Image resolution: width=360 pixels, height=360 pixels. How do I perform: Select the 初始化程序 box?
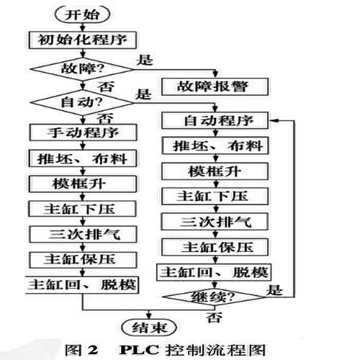coord(81,38)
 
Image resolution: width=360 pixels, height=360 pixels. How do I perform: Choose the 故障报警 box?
coord(216,86)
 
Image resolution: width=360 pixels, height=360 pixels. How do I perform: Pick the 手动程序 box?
coord(81,133)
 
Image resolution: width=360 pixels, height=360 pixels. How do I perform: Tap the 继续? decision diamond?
coord(215,294)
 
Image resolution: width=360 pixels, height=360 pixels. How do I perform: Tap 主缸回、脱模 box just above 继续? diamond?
coord(215,273)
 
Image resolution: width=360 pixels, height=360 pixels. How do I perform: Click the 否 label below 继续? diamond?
coord(214,315)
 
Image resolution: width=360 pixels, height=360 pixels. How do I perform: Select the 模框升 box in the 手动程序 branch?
coord(81,184)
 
